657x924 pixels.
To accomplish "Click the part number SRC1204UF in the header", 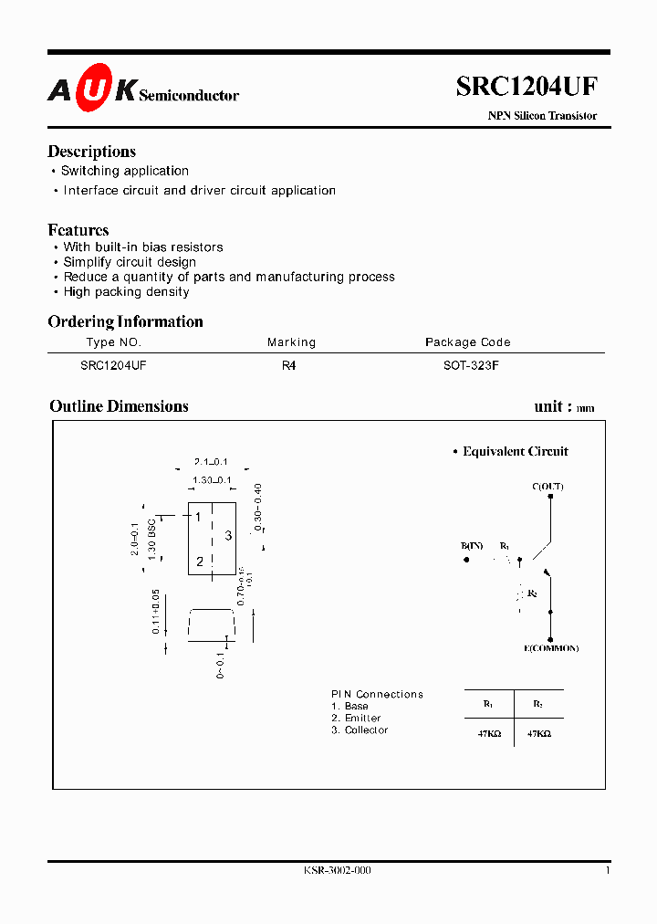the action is (x=527, y=87).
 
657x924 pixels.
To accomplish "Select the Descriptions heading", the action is (x=91, y=152).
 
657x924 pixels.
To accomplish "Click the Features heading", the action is (x=78, y=230).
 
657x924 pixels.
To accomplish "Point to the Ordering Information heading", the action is (x=125, y=321).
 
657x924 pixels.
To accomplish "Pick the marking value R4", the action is (x=289, y=364).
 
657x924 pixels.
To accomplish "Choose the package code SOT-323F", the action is (x=467, y=364).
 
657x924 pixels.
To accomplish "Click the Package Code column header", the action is (x=467, y=342).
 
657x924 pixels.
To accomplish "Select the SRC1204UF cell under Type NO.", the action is (x=113, y=364).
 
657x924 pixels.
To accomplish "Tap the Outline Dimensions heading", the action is (x=119, y=406).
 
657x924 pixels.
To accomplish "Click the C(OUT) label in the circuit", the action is (x=547, y=487).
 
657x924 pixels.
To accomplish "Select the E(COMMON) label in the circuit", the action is (x=551, y=648).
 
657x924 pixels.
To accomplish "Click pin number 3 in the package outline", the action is (x=228, y=536).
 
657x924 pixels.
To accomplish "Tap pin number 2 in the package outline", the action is (x=199, y=562).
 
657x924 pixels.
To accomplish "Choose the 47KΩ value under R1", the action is (x=488, y=734).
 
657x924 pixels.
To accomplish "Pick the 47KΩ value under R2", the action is (x=538, y=734).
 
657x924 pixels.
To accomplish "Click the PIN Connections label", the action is (x=377, y=695).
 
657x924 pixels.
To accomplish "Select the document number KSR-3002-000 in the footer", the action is (x=338, y=870).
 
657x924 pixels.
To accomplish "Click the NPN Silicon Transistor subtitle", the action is (x=542, y=116).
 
